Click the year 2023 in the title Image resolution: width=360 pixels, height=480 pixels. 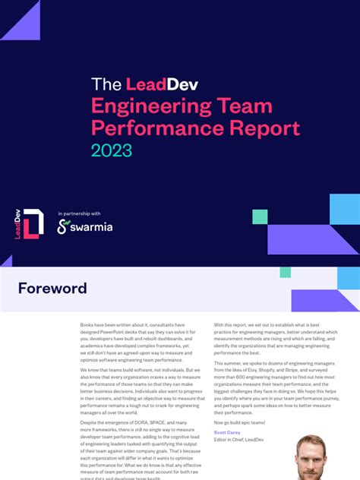112,150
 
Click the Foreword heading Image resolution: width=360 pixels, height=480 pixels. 52,289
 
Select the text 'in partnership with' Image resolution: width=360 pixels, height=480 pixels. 79,213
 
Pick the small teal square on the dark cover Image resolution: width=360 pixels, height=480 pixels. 260,217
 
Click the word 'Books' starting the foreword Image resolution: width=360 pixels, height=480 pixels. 89,325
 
